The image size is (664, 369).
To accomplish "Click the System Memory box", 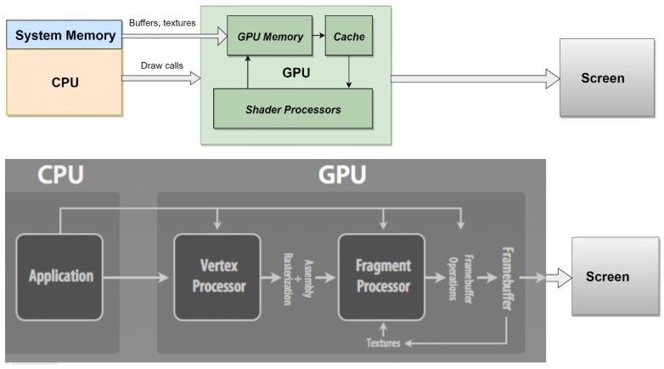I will (x=65, y=35).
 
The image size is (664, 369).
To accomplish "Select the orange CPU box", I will (x=65, y=82).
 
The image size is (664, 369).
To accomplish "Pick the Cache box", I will (x=348, y=36).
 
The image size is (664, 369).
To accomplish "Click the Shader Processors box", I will (x=293, y=109).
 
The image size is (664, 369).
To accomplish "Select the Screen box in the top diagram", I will (x=602, y=78).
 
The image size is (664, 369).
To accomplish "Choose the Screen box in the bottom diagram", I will (x=607, y=276).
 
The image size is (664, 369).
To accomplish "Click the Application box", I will (x=59, y=276).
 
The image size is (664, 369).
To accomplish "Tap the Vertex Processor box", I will (x=218, y=276).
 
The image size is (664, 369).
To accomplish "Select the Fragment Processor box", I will (x=382, y=276).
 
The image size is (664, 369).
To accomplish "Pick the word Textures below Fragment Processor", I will (x=384, y=343).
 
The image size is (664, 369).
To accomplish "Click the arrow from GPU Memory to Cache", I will (x=315, y=37).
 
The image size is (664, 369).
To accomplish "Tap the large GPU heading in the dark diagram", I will (x=342, y=175).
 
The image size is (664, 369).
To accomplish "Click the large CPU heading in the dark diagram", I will (x=60, y=175).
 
